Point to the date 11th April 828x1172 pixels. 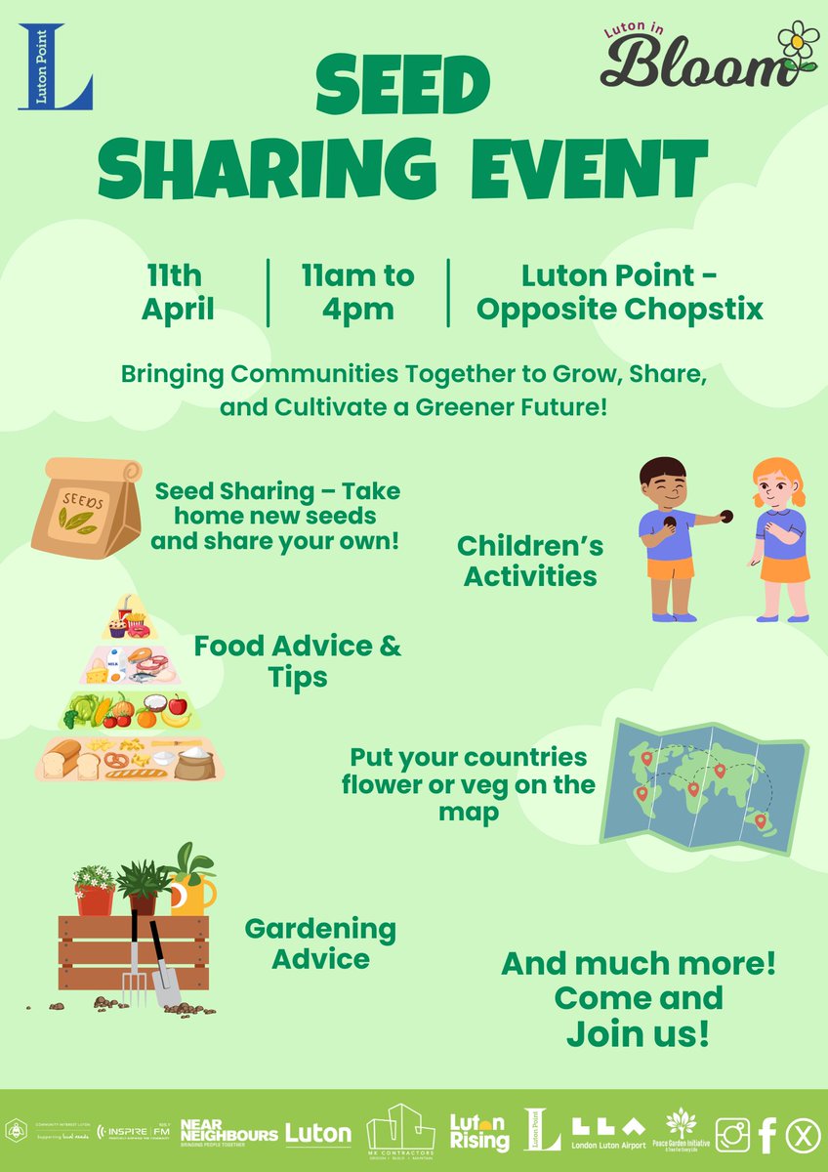178,292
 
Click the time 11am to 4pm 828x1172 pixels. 357,292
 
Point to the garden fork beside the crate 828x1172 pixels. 134,962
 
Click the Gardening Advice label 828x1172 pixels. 320,942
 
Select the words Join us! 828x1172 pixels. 639,1034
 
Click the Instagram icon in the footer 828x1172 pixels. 732,1134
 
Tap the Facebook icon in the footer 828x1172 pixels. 766,1134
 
